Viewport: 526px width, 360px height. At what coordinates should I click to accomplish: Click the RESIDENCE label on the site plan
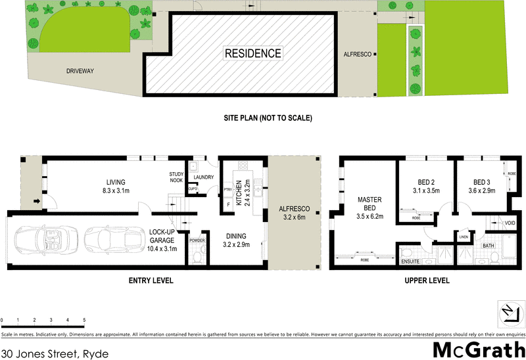click(x=253, y=53)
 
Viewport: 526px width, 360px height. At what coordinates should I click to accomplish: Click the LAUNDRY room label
click(x=202, y=177)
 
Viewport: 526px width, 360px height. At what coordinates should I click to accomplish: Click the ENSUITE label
click(x=410, y=262)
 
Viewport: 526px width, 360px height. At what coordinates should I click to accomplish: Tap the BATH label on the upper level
click(x=488, y=246)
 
